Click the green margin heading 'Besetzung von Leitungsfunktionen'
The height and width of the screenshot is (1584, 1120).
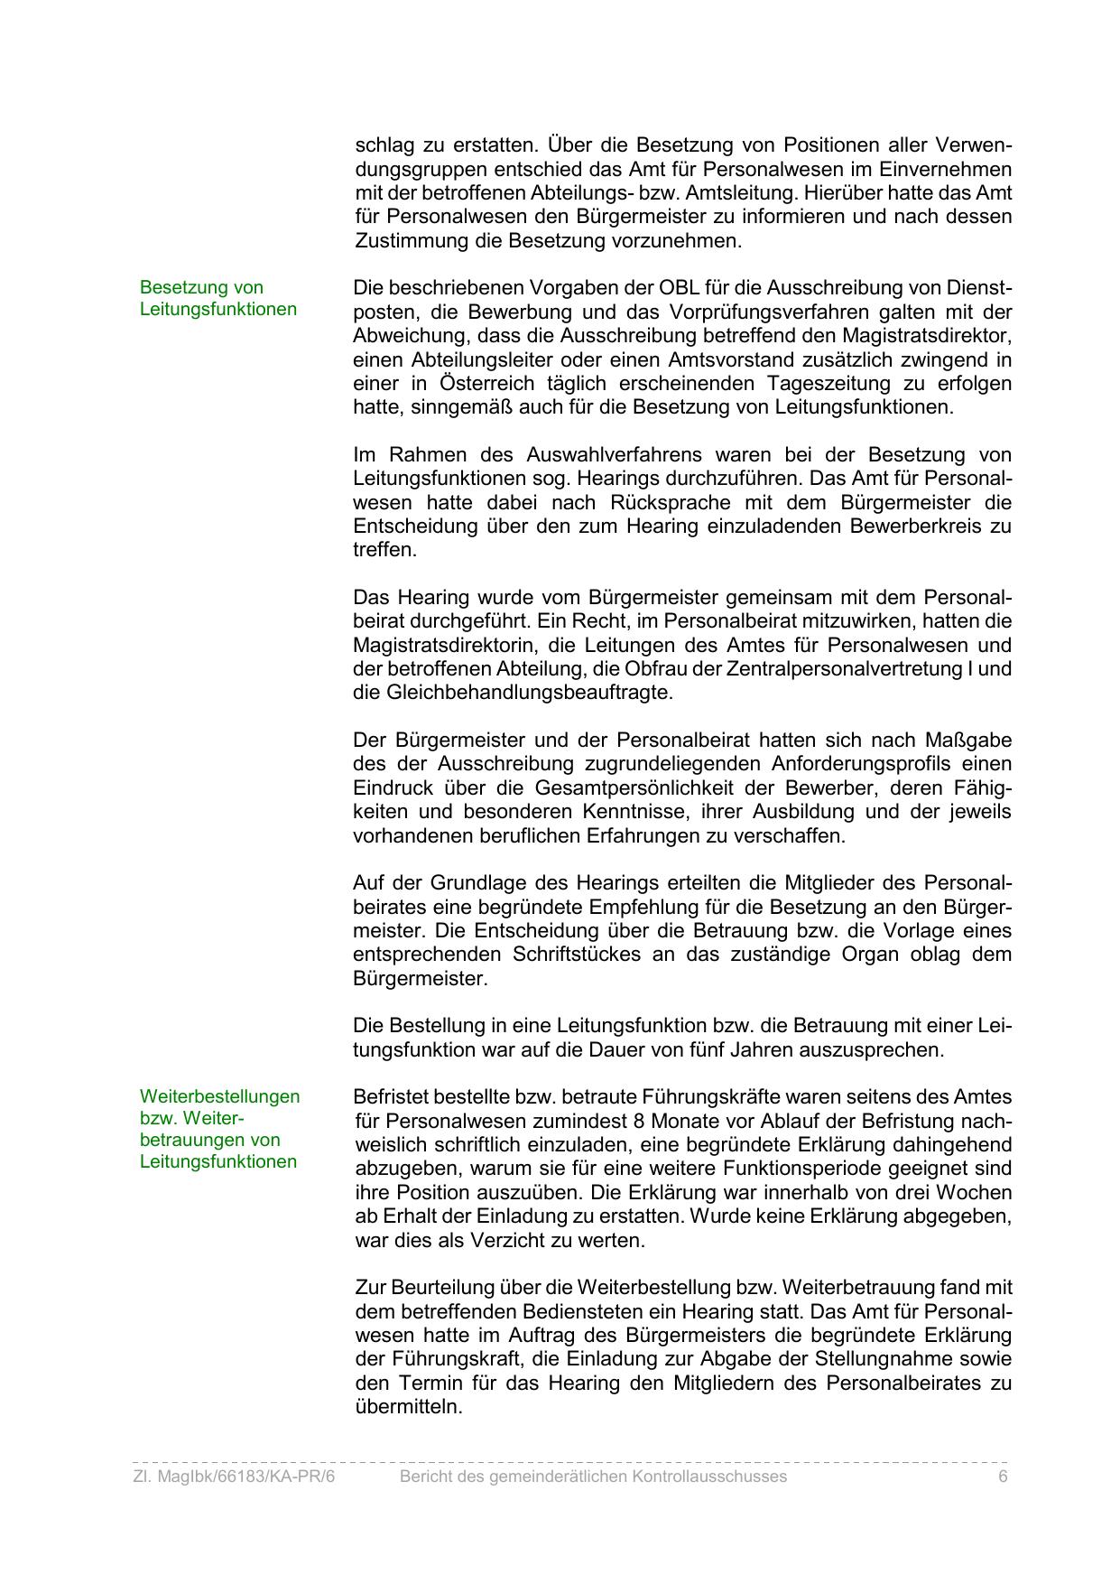point(218,298)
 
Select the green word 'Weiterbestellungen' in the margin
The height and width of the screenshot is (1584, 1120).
point(219,1096)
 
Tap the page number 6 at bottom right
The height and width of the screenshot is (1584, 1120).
point(1003,1477)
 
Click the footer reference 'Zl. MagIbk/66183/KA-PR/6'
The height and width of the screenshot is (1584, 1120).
point(234,1477)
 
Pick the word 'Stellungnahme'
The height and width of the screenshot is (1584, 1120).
point(878,1359)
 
